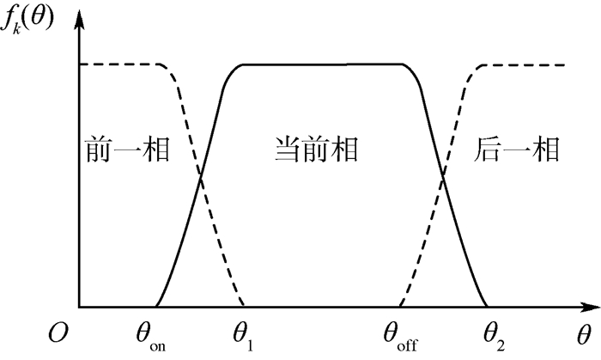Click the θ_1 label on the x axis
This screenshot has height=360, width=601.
click(243, 333)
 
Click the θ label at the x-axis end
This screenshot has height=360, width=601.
click(584, 333)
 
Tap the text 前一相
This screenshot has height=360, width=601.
click(125, 150)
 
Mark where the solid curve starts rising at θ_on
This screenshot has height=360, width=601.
click(155, 307)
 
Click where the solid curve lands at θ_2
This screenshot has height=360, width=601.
click(488, 307)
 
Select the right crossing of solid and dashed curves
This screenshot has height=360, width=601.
click(443, 178)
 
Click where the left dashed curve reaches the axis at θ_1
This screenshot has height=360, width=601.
click(245, 307)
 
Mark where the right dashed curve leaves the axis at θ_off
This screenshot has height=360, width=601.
click(399, 307)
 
